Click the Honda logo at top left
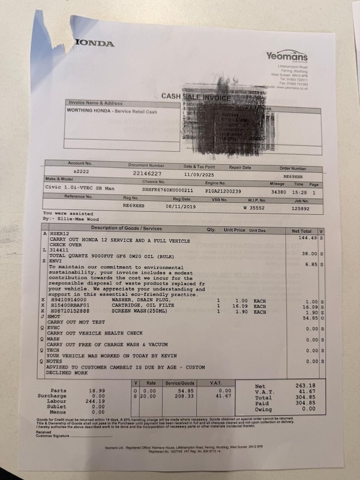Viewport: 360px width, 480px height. click(x=95, y=43)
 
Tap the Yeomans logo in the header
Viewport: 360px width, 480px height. click(x=287, y=56)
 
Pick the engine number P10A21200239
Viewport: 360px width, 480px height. click(x=222, y=190)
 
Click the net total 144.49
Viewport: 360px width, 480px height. click(x=307, y=238)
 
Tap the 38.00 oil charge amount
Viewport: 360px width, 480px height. click(x=310, y=254)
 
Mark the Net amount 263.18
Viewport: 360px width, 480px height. click(x=306, y=386)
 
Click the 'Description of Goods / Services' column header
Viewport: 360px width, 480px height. click(x=126, y=228)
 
